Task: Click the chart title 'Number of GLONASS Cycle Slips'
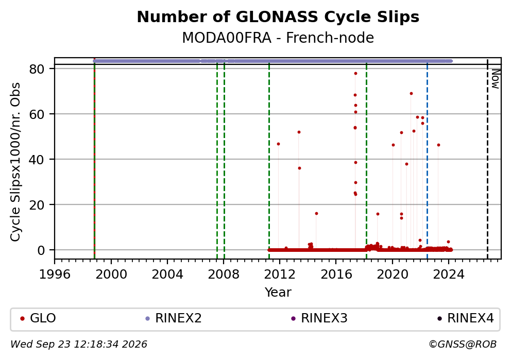(x=278, y=17)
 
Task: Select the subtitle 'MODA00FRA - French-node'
(x=278, y=38)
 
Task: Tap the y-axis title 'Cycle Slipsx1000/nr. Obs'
(x=15, y=162)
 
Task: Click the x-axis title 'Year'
(x=278, y=292)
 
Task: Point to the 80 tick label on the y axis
(x=37, y=68)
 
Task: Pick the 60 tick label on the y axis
(x=37, y=114)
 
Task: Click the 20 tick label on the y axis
(x=37, y=204)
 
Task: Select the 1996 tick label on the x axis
(x=55, y=275)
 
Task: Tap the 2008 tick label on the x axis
(x=224, y=275)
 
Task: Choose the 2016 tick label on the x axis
(x=336, y=275)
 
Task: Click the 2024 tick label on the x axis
(x=449, y=275)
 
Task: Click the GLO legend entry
(x=38, y=318)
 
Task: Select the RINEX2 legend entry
(x=174, y=318)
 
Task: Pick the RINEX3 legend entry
(x=319, y=318)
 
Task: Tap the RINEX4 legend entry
(x=466, y=318)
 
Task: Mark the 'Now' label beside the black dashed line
(x=496, y=79)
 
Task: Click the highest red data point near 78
(x=355, y=74)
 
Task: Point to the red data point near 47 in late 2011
(x=278, y=144)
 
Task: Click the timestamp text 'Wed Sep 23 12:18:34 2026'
(x=79, y=345)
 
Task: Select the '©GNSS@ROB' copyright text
(x=463, y=345)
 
